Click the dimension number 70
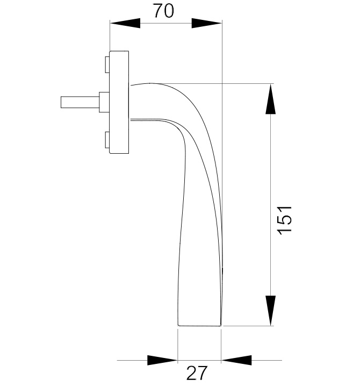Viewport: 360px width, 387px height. pyautogui.click(x=163, y=11)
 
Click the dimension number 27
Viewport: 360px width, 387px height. pyautogui.click(x=197, y=372)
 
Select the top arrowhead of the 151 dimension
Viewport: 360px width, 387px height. pyautogui.click(x=270, y=99)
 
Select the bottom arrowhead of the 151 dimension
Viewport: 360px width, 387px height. pyautogui.click(x=270, y=311)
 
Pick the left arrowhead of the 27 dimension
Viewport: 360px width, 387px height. pyautogui.click(x=162, y=360)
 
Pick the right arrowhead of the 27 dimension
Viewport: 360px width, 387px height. pyautogui.click(x=236, y=360)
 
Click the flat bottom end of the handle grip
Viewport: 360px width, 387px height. pyautogui.click(x=199, y=325)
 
